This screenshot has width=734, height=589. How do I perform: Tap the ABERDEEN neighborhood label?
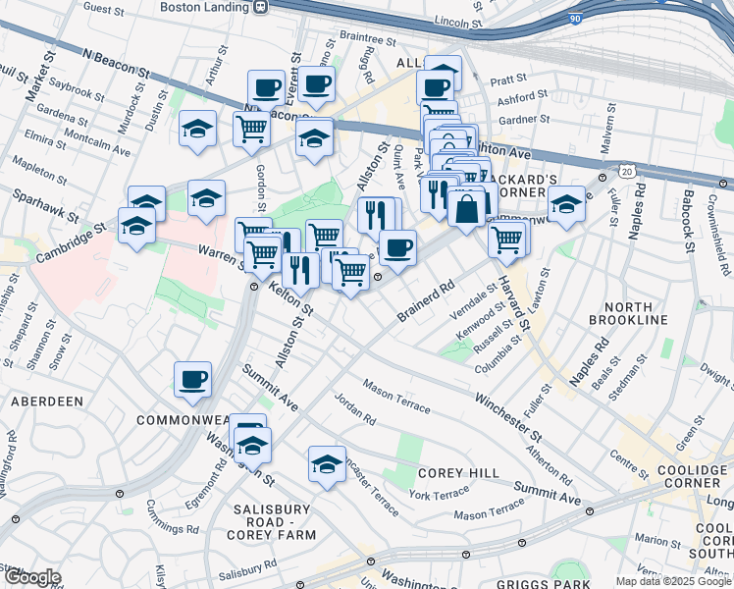[x=46, y=402]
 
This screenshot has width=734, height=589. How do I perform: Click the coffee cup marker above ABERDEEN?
[x=193, y=379]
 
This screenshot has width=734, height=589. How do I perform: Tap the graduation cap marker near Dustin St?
[x=198, y=130]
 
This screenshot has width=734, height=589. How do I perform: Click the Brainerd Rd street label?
[x=429, y=301]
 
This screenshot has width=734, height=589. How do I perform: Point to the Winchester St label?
[x=508, y=415]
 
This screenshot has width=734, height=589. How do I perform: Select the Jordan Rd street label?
[x=354, y=409]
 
